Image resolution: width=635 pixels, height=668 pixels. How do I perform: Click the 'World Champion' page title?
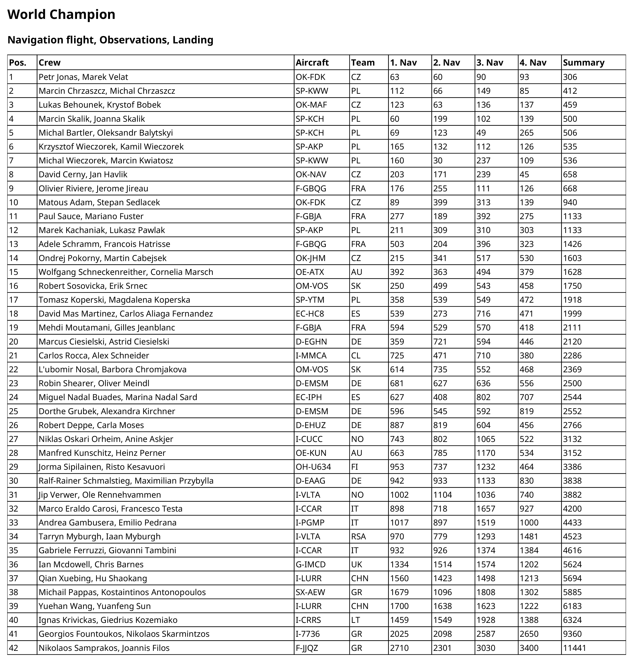click(61, 14)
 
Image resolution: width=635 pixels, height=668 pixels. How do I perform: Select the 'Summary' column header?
click(583, 63)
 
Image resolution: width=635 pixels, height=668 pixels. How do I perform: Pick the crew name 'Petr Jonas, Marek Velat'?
click(83, 77)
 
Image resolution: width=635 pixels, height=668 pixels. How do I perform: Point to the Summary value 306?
click(570, 77)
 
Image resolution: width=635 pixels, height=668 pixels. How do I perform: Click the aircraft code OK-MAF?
click(311, 105)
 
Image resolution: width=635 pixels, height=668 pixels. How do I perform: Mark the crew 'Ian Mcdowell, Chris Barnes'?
click(91, 564)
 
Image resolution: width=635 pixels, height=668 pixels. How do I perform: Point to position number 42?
click(14, 648)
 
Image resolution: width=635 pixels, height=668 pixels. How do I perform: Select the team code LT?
click(355, 620)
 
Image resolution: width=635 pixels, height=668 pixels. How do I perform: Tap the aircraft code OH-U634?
click(313, 467)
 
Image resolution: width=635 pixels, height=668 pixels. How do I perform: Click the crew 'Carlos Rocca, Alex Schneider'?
click(94, 356)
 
